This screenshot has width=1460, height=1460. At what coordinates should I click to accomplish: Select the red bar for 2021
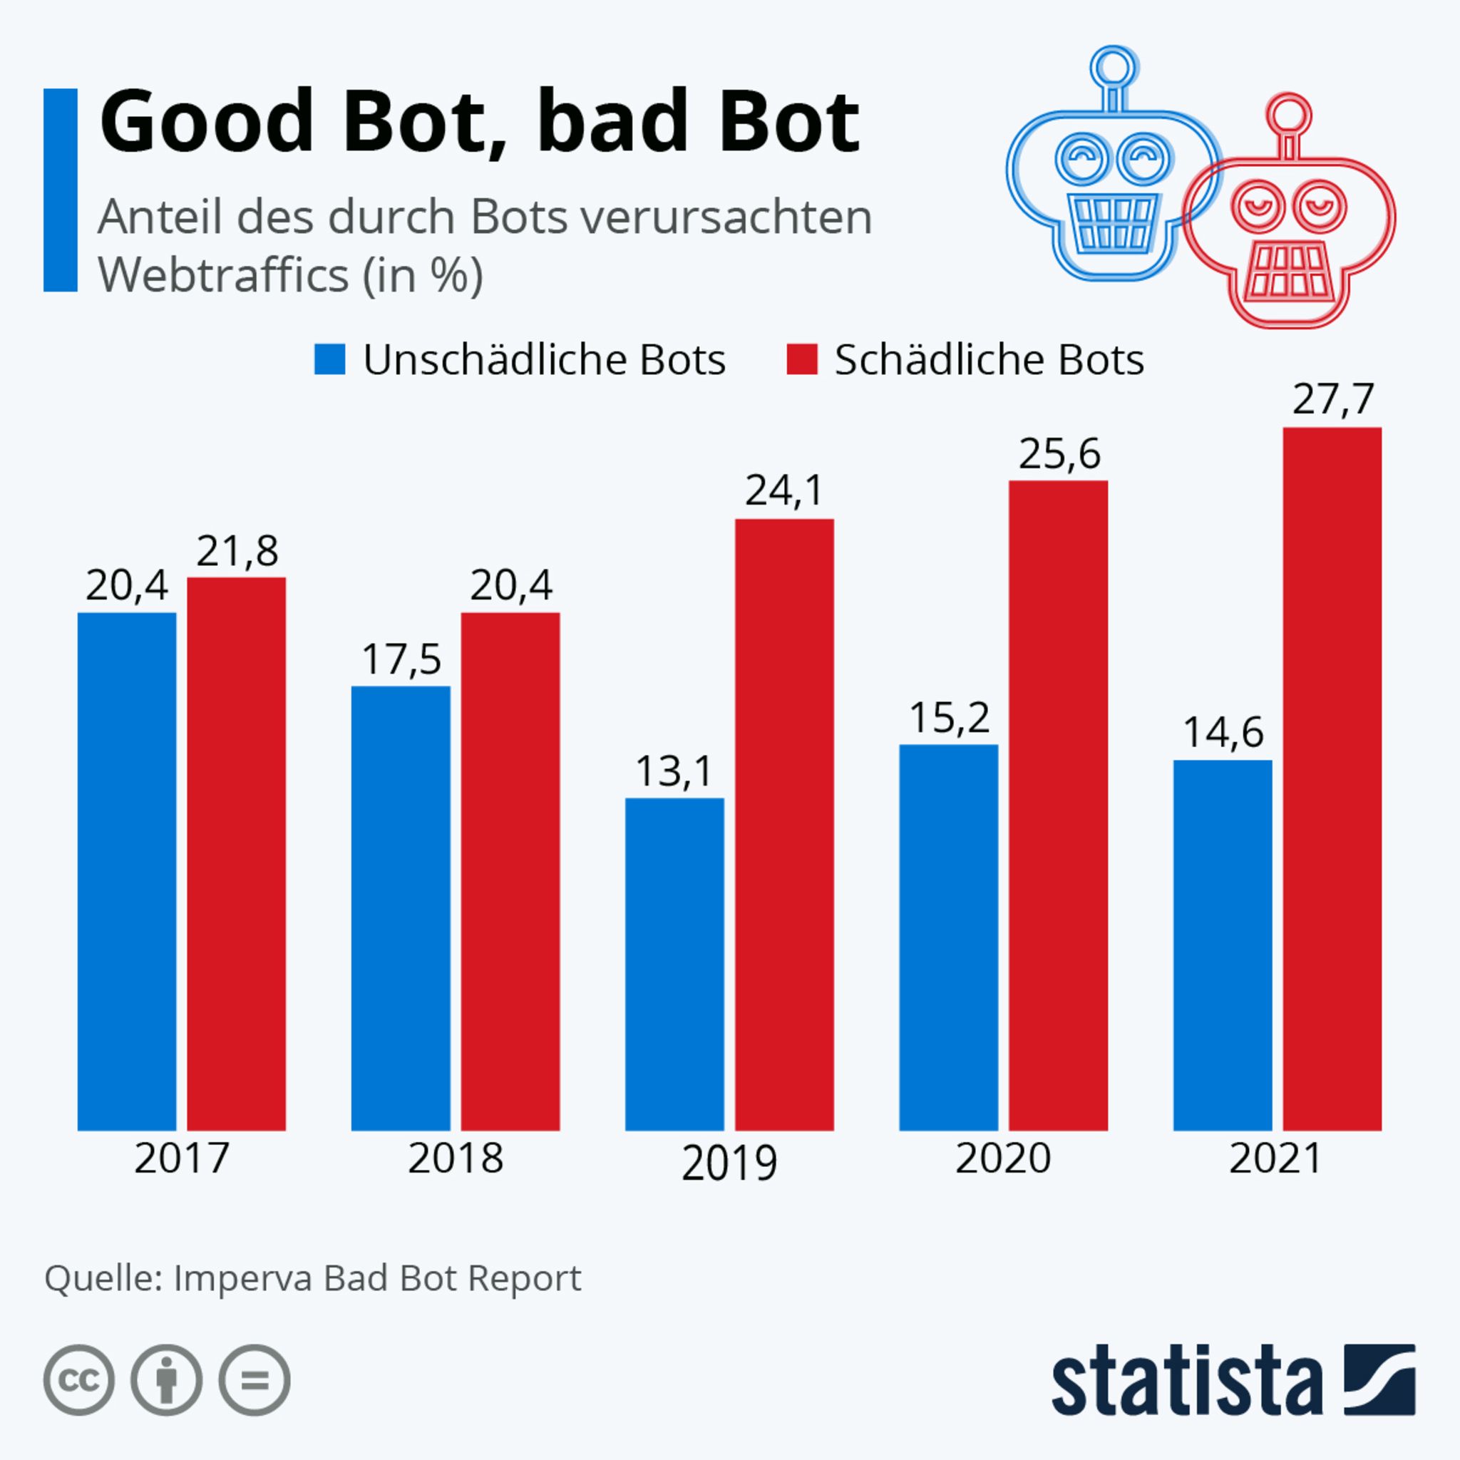click(x=1332, y=778)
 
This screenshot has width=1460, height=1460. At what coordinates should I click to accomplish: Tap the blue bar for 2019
click(x=674, y=964)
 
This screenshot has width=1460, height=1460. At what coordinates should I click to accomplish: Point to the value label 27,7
click(x=1332, y=399)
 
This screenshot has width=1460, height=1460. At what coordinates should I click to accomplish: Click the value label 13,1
click(x=674, y=771)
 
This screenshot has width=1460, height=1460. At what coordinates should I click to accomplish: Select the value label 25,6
click(x=1059, y=454)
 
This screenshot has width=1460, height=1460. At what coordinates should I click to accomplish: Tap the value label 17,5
click(x=401, y=659)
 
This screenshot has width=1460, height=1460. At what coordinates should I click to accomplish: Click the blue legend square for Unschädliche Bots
click(x=329, y=359)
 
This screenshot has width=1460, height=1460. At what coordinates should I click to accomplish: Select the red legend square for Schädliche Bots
click(x=802, y=359)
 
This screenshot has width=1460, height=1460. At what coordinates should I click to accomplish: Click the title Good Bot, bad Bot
click(x=479, y=121)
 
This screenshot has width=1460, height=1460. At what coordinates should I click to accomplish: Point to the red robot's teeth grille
click(x=1287, y=269)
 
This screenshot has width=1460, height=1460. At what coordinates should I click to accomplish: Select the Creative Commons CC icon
click(x=79, y=1380)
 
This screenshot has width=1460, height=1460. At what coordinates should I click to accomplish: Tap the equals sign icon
click(x=255, y=1380)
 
